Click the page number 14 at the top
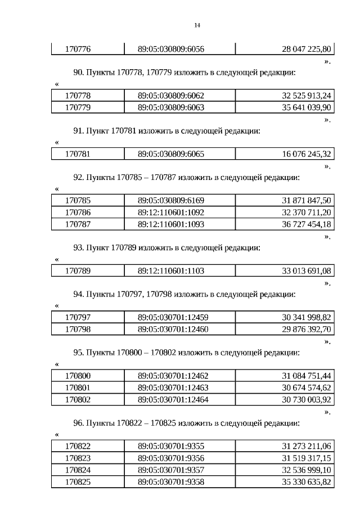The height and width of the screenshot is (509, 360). (197, 25)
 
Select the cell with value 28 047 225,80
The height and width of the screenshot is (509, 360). (307, 49)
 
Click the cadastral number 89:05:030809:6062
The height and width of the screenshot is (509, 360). (171, 95)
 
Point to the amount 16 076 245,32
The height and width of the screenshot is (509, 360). (307, 154)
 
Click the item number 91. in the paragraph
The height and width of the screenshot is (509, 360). (79, 130)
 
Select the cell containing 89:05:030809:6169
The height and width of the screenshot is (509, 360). (171, 200)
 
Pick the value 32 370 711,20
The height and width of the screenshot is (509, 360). (307, 212)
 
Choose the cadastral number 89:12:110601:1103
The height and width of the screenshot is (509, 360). (171, 271)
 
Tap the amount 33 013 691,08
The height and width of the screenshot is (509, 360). (307, 271)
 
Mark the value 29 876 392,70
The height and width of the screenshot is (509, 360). (307, 329)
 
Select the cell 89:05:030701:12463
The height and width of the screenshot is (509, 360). (173, 388)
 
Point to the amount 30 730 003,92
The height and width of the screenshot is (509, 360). (307, 399)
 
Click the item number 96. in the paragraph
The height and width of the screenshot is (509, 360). (79, 423)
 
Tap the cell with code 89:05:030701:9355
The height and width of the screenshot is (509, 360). (171, 446)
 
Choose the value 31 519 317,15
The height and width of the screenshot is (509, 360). (307, 458)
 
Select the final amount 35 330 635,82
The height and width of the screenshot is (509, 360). (307, 481)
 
